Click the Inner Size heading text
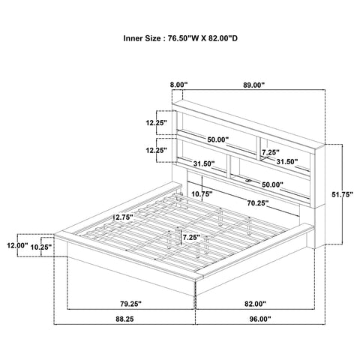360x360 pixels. pyautogui.click(x=180, y=38)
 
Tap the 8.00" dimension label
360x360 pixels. pyautogui.click(x=178, y=85)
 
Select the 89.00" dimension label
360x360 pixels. pyautogui.click(x=253, y=85)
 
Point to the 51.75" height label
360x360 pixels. pyautogui.click(x=342, y=194)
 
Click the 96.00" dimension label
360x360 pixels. pyautogui.click(x=260, y=319)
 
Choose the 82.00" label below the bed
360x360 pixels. pyautogui.click(x=255, y=304)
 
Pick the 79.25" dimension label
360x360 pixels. pyautogui.click(x=130, y=304)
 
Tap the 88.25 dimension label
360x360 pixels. pyautogui.click(x=124, y=319)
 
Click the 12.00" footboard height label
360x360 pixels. pyautogui.click(x=17, y=245)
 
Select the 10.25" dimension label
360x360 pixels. pyautogui.click(x=41, y=247)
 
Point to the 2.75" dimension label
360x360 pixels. pyautogui.click(x=124, y=217)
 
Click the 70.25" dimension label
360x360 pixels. pyautogui.click(x=258, y=203)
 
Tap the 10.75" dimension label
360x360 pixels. pyautogui.click(x=202, y=193)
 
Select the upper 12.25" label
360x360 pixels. pyautogui.click(x=157, y=123)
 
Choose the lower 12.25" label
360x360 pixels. pyautogui.click(x=157, y=150)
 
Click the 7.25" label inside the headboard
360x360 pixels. pyautogui.click(x=271, y=152)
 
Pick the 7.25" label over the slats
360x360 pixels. pyautogui.click(x=191, y=237)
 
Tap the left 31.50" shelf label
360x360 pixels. pyautogui.click(x=204, y=163)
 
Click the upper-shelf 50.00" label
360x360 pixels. pyautogui.click(x=218, y=139)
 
